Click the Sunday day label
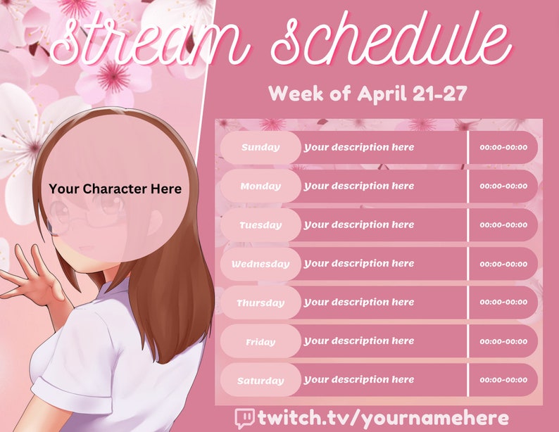pyautogui.click(x=260, y=148)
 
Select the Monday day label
pyautogui.click(x=260, y=186)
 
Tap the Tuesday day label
pyautogui.click(x=260, y=225)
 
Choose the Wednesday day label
pyautogui.click(x=260, y=264)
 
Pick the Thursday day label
pyautogui.click(x=260, y=303)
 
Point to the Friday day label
pyautogui.click(x=260, y=342)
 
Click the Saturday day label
pyautogui.click(x=260, y=381)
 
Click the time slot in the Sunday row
pyautogui.click(x=503, y=148)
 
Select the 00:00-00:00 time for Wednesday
pyautogui.click(x=503, y=264)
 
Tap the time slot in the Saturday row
pyautogui.click(x=503, y=380)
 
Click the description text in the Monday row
pyautogui.click(x=359, y=186)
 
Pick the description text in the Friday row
pyautogui.click(x=359, y=341)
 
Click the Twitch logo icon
pyautogui.click(x=244, y=418)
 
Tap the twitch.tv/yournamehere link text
pyautogui.click(x=383, y=418)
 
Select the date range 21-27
pyautogui.click(x=439, y=94)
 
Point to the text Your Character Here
pyautogui.click(x=115, y=189)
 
